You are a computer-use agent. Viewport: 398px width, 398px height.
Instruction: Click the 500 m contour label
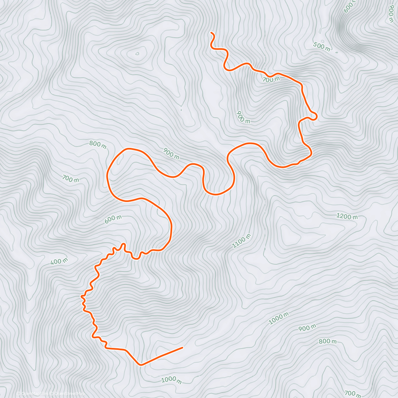pyautogui.click(x=321, y=47)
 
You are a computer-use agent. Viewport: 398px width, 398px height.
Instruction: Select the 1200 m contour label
pyautogui.click(x=347, y=217)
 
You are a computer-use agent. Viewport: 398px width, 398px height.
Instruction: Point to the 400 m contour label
pyautogui.click(x=59, y=261)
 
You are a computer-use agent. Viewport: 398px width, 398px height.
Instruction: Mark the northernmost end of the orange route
pyautogui.click(x=211, y=33)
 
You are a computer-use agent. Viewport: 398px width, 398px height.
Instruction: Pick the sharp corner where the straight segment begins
pyautogui.click(x=141, y=365)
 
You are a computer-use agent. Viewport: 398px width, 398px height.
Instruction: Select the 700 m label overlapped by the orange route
pyautogui.click(x=271, y=79)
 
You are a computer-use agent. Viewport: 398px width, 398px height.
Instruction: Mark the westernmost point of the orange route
pyautogui.click(x=81, y=296)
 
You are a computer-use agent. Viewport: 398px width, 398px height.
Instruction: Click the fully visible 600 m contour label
pyautogui.click(x=113, y=219)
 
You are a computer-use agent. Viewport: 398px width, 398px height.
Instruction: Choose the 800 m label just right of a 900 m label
pyautogui.click(x=327, y=341)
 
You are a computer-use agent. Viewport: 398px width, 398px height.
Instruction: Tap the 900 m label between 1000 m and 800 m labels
pyautogui.click(x=307, y=328)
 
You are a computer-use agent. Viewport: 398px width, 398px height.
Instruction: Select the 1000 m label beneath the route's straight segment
pyautogui.click(x=171, y=380)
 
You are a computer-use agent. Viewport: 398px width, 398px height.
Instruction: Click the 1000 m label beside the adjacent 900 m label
pyautogui.click(x=279, y=318)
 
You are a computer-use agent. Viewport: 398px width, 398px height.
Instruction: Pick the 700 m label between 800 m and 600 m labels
pyautogui.click(x=70, y=179)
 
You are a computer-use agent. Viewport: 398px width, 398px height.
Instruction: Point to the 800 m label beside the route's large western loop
pyautogui.click(x=98, y=145)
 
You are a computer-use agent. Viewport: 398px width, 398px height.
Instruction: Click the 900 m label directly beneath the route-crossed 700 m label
pyautogui.click(x=243, y=117)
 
